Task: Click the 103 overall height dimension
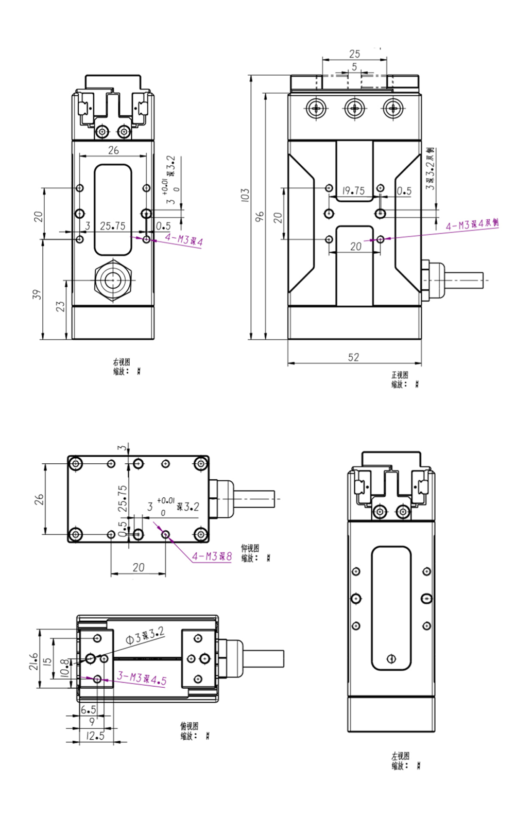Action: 245,195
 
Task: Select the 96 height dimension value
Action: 260,216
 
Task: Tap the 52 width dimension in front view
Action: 353,357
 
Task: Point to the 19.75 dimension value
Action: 353,191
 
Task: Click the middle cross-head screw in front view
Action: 355,109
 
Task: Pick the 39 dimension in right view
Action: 37,294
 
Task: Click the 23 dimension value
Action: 61,307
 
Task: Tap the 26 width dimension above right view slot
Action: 113,150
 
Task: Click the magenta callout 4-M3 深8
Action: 212,556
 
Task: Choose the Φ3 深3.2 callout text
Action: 145,635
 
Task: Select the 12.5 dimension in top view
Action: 96,736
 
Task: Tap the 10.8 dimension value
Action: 64,667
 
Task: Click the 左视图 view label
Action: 400,756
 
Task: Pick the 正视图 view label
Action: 400,375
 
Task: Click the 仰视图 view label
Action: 250,548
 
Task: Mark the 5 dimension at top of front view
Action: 354,67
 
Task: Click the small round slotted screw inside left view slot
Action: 391,658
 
